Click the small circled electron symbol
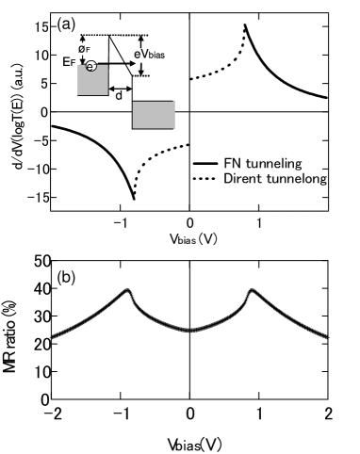pos(91,66)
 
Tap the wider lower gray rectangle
pos(154,115)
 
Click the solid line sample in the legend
pos(205,164)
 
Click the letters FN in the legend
pos(233,164)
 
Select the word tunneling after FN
pos(273,164)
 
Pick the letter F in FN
pos(228,164)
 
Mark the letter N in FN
pos(237,164)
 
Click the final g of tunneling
pos(298,165)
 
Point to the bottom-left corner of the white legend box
pos(191,200)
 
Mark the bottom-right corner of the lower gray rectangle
pos(174,128)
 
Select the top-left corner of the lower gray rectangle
pos(133,102)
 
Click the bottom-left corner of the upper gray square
pos(77,95)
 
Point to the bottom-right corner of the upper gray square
pos(107,95)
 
